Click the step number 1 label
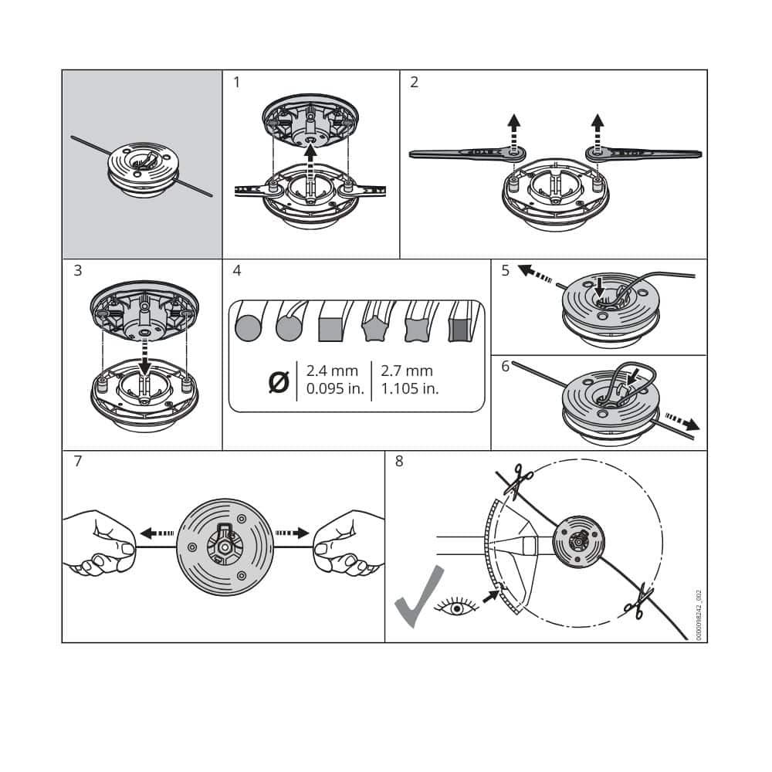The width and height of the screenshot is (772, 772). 236,82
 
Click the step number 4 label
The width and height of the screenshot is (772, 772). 236,271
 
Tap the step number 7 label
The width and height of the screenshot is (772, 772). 77,462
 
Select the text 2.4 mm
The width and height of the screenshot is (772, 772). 332,371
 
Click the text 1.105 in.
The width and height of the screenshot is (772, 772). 409,388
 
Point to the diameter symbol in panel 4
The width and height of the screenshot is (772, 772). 279,381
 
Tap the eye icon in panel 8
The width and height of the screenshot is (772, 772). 456,608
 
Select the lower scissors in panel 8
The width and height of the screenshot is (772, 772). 638,602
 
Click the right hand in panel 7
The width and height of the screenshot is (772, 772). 349,544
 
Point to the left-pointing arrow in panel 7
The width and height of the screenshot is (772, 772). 157,533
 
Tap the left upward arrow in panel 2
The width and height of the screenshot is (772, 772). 513,130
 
